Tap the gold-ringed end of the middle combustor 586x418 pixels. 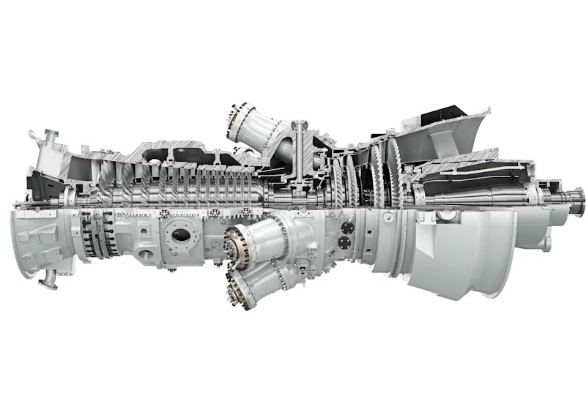(237, 245)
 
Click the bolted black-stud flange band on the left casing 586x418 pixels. (96, 234)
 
